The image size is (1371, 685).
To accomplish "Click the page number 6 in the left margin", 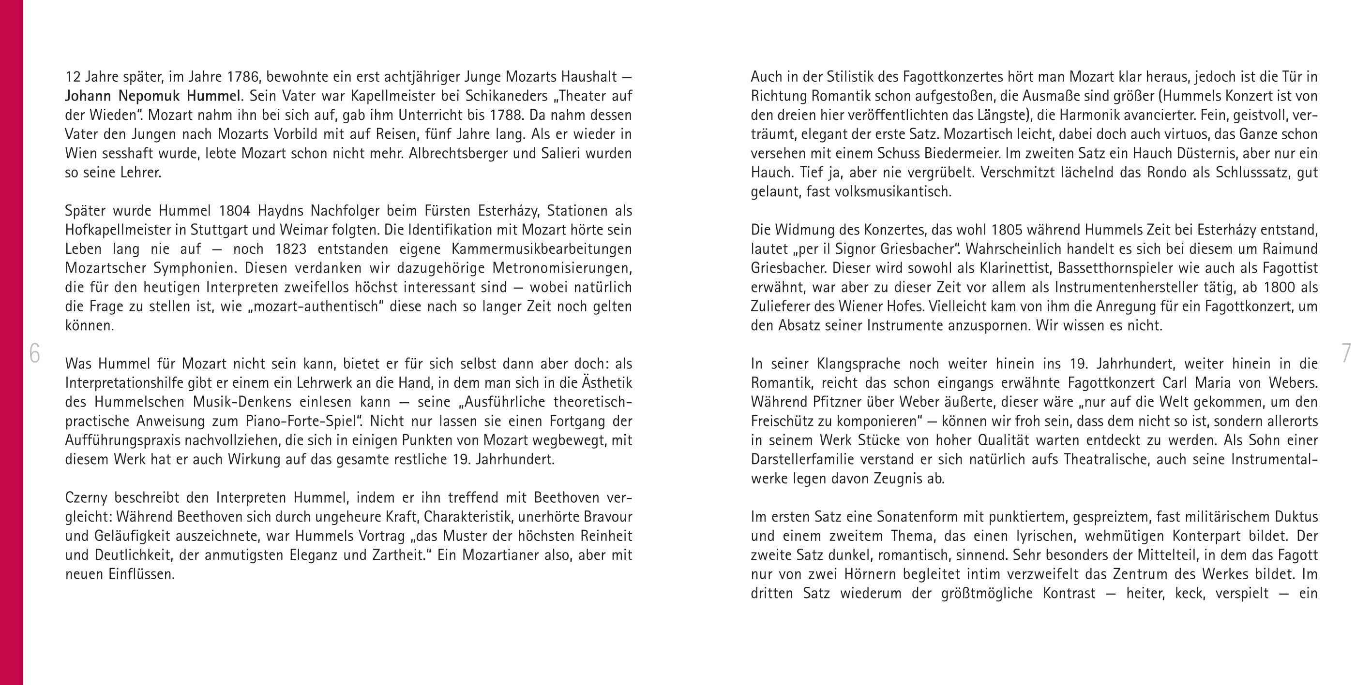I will (34, 354).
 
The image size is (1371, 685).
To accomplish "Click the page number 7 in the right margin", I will (1346, 354).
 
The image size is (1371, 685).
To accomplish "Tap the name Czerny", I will (85, 498).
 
